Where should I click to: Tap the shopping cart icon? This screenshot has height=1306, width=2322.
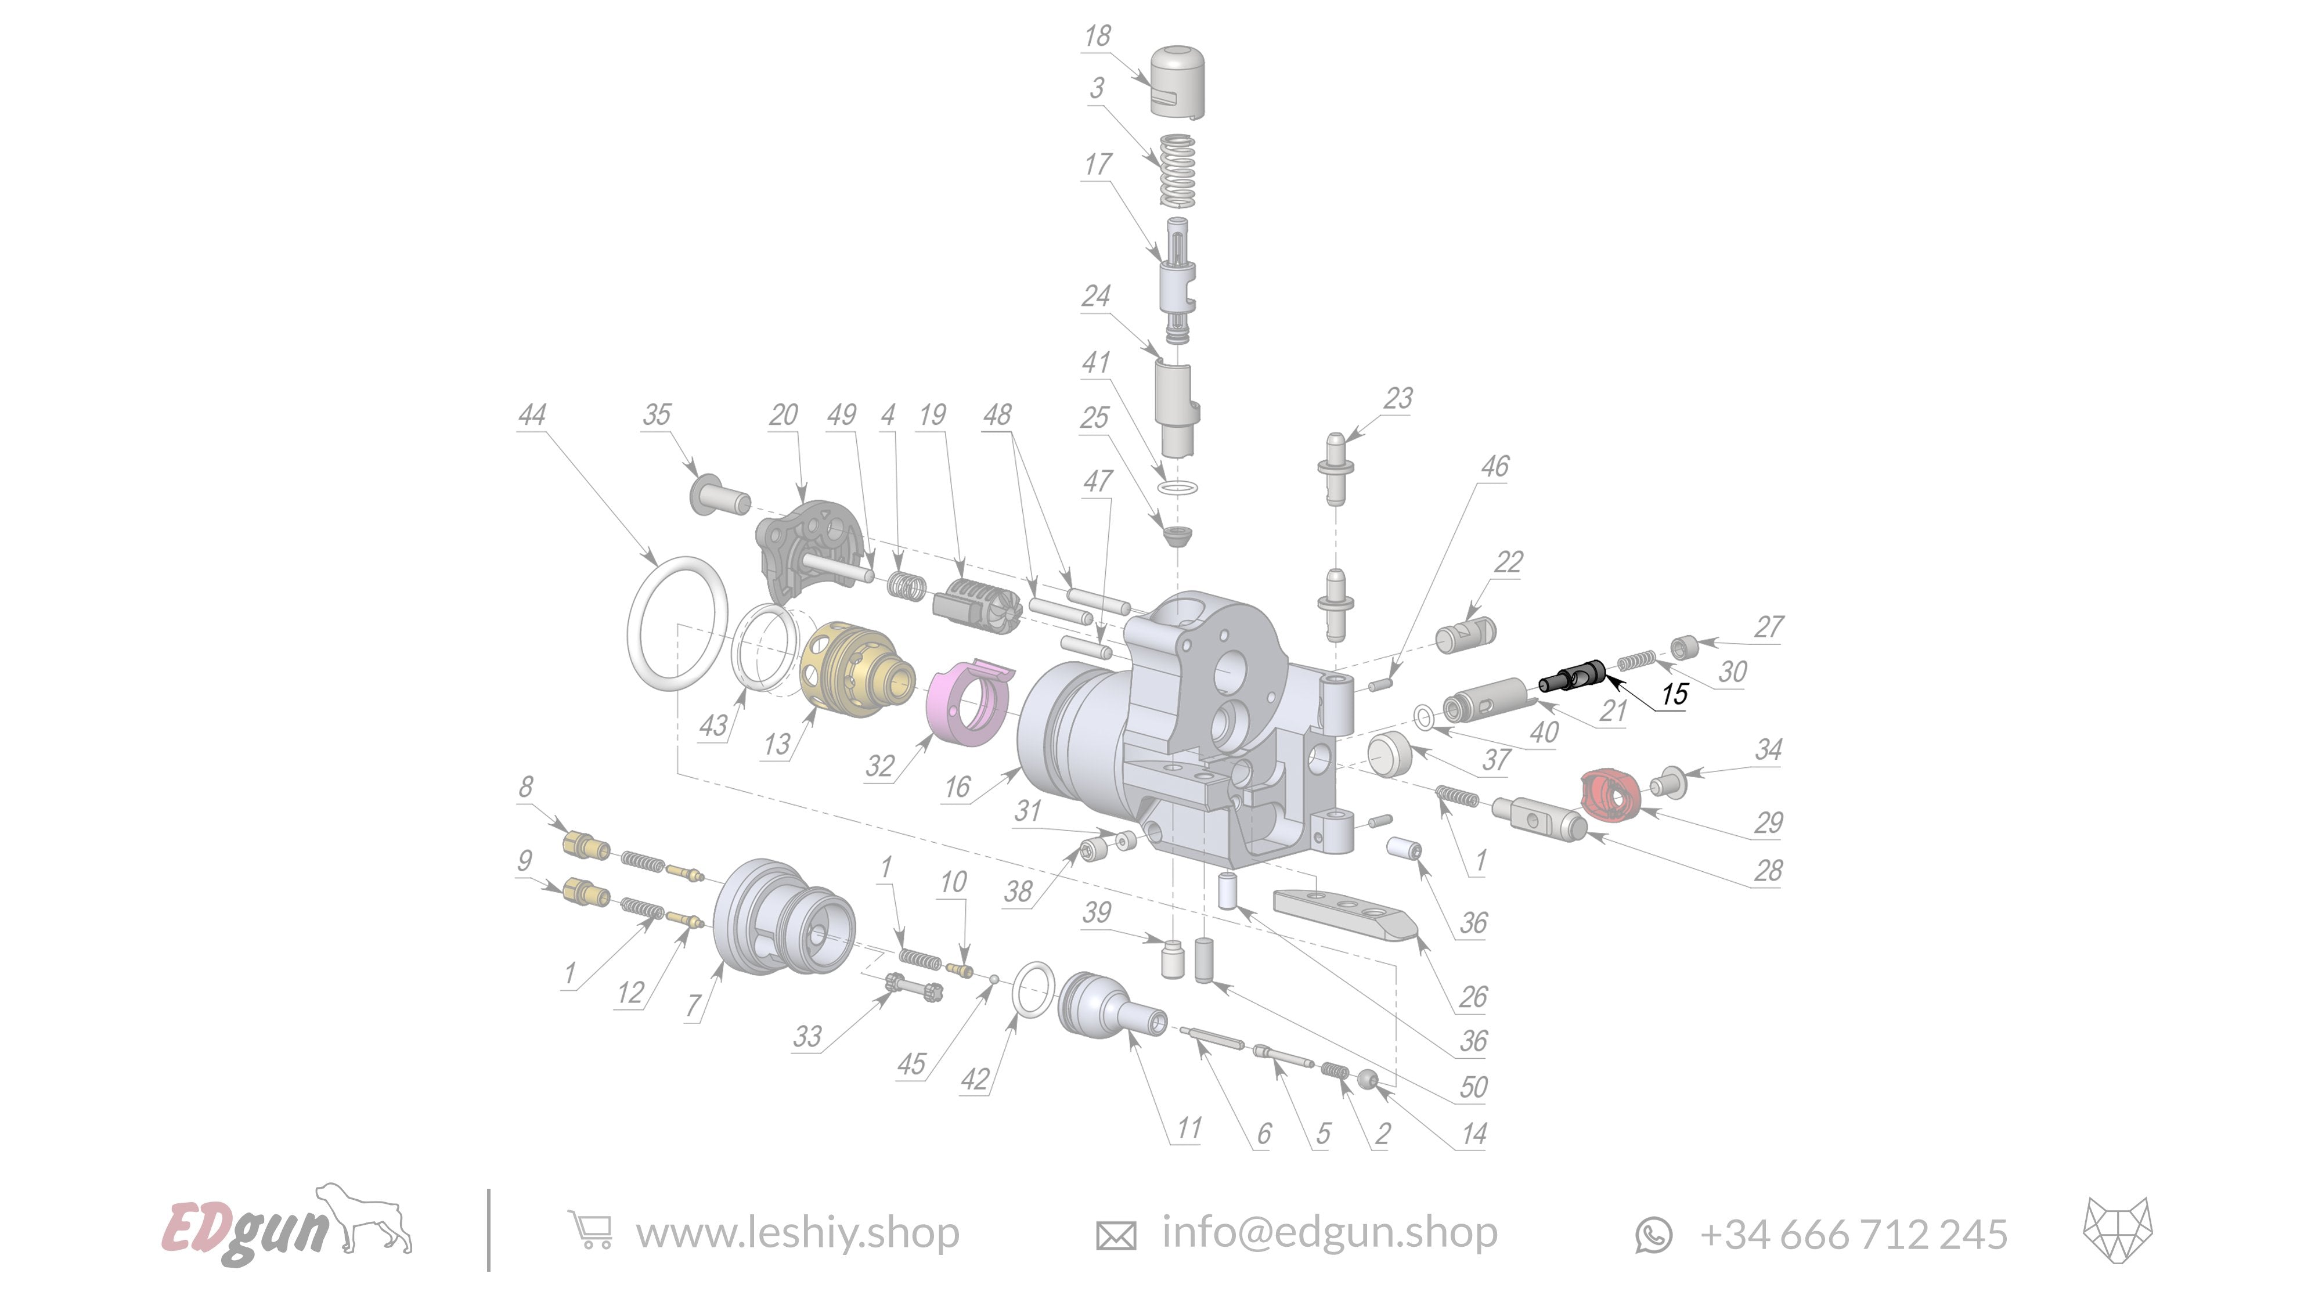tap(590, 1231)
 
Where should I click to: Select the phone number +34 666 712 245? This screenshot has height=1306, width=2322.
tap(1854, 1234)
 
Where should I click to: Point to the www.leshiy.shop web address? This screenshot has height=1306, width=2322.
tap(797, 1232)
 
